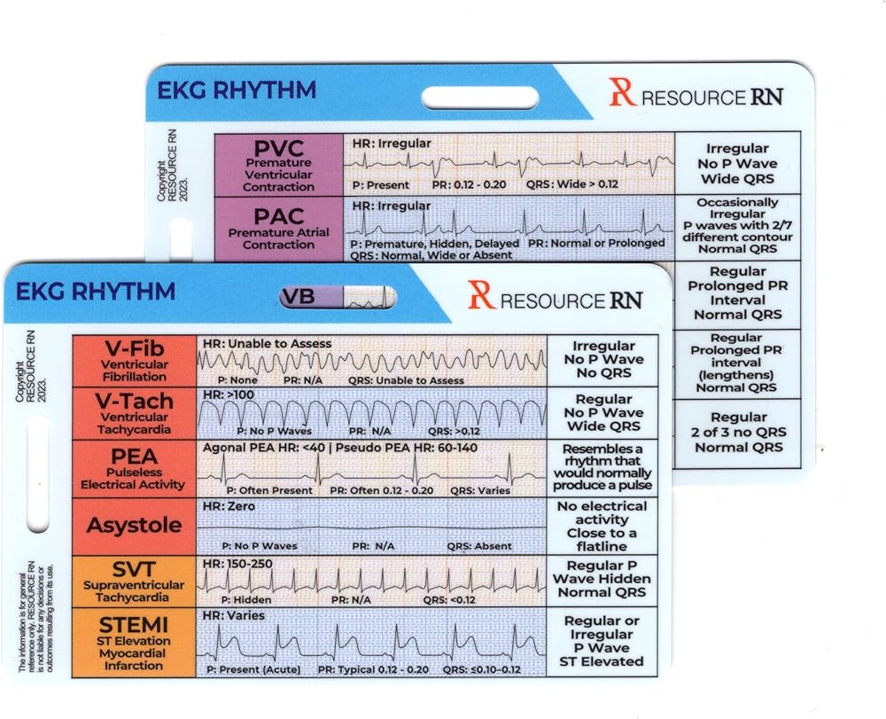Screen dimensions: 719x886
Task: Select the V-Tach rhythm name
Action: pos(134,402)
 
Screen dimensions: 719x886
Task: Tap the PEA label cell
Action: pos(133,457)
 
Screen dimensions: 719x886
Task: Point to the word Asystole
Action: pos(134,525)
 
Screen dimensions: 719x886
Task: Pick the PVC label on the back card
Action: pos(278,148)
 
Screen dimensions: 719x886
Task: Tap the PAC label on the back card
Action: pos(278,215)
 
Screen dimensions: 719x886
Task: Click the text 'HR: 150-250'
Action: pos(237,564)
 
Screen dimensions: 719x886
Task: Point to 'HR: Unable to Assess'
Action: pos(267,343)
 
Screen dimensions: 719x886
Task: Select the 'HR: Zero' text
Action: pos(229,506)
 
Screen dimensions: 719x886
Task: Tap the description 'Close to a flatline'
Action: pos(602,540)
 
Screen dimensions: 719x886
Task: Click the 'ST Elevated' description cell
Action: pos(602,661)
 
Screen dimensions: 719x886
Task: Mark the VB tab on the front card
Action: pos(299,297)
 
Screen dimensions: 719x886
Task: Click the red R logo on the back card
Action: pos(622,92)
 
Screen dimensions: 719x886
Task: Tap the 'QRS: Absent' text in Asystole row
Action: pos(480,546)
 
